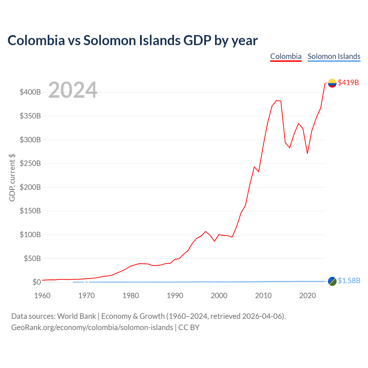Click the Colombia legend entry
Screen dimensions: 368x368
tap(286, 57)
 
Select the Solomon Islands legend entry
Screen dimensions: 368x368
tap(334, 57)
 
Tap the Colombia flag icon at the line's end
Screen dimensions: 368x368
tap(332, 83)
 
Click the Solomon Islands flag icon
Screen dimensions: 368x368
tap(332, 281)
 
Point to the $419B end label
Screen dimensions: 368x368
tap(348, 83)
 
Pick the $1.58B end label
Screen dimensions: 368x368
tap(349, 281)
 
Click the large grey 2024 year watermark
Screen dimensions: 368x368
tap(73, 90)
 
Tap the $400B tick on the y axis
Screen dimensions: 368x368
tap(30, 92)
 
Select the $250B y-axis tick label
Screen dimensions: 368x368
tap(30, 163)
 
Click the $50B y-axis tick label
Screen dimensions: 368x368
tap(32, 258)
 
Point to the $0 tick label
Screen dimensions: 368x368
tap(37, 282)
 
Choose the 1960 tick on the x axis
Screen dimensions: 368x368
tap(42, 296)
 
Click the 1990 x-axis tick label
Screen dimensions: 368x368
tap(175, 296)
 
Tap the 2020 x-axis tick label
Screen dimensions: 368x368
tap(307, 296)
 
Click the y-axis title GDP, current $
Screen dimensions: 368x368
tap(12, 178)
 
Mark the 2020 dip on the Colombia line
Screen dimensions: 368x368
tap(307, 153)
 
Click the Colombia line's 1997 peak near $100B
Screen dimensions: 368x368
tap(206, 231)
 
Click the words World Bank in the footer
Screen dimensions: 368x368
tap(76, 316)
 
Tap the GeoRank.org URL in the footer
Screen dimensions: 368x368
tap(92, 327)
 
